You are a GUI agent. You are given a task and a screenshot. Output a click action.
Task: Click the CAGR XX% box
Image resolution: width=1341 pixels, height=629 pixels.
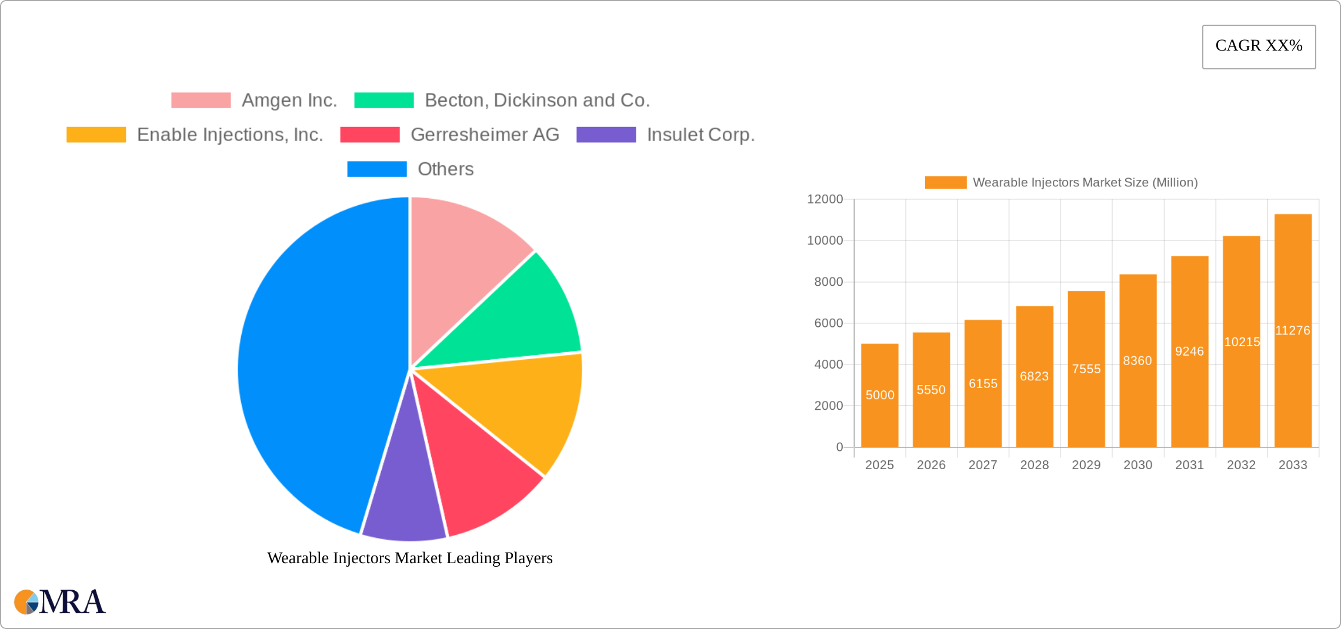1259,46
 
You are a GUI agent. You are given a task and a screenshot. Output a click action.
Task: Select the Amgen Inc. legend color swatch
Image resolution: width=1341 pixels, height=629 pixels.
201,101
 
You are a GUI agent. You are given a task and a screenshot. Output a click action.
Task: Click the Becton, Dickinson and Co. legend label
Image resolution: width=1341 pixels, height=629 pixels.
537,101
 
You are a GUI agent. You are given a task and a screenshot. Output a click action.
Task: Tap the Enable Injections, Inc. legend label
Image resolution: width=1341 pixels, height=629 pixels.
230,135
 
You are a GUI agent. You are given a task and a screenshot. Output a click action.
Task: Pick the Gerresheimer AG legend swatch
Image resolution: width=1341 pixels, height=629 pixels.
369,135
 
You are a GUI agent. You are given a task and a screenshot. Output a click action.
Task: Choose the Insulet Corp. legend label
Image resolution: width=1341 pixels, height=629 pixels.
700,135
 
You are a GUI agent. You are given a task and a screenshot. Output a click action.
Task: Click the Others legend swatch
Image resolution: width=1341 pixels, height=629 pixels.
376,169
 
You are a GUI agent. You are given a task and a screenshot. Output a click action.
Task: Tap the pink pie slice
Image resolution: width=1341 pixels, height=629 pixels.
465,259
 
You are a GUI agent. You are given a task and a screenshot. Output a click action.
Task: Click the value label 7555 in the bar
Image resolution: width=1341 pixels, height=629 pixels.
1086,369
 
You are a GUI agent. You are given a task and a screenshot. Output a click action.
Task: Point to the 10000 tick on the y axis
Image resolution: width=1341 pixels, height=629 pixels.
825,240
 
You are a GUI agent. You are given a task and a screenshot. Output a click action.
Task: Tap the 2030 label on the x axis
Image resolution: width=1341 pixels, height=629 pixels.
1137,465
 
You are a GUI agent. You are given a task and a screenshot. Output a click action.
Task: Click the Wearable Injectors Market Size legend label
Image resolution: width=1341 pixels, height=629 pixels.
1085,183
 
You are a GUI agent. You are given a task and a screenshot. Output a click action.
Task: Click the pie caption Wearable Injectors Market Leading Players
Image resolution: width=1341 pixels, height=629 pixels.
410,558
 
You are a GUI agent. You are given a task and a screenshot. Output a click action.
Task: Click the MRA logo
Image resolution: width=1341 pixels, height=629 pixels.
59,602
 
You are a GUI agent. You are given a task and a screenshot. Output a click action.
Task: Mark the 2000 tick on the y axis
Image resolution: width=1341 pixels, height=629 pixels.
828,406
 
